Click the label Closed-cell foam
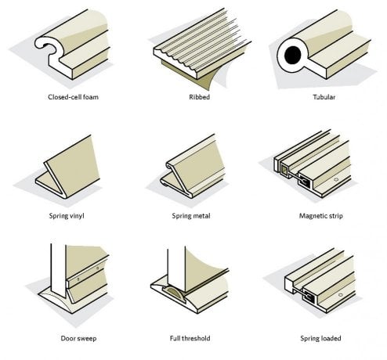[73, 97]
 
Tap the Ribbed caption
[200, 97]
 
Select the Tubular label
[324, 97]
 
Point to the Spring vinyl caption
[67, 216]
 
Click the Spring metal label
[191, 216]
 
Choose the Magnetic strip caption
[321, 216]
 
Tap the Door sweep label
[78, 339]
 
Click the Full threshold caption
[190, 338]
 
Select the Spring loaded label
[320, 339]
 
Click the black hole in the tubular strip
[293, 55]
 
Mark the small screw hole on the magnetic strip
[336, 179]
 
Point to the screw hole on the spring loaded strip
[340, 295]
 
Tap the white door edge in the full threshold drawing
[176, 268]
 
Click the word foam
[92, 97]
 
